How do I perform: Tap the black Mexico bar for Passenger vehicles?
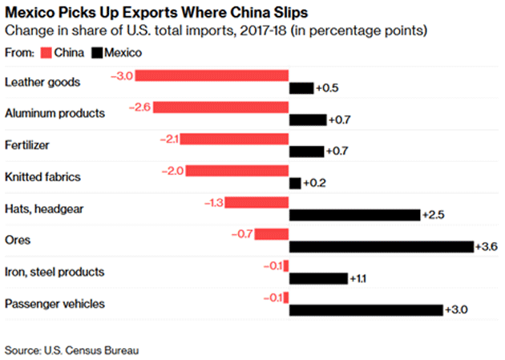366,310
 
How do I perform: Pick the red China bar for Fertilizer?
234,139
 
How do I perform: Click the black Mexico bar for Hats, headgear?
354,215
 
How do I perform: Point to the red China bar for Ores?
272,234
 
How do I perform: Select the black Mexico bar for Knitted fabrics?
294,184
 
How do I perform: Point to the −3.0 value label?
122,75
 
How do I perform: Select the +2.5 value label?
434,215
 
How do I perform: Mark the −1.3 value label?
212,203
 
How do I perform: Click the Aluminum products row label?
55,113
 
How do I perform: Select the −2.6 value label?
141,107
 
